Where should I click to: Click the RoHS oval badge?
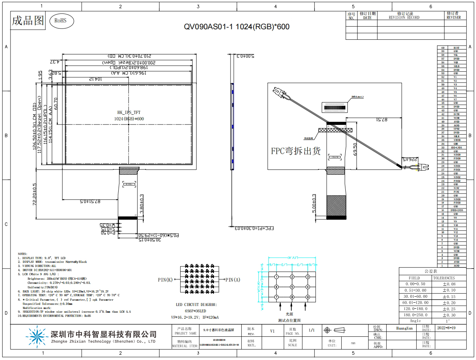[x=60, y=21]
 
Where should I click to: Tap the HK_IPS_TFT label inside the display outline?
[x=129, y=112]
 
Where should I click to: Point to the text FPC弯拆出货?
[x=296, y=151]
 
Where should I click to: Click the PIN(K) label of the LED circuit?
[x=165, y=280]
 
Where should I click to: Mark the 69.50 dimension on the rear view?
[x=355, y=149]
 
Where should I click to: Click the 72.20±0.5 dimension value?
[x=35, y=194]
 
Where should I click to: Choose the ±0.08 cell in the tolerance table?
[x=449, y=284]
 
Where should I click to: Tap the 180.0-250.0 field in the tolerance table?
[x=415, y=315]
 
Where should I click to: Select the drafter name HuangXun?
[x=404, y=328]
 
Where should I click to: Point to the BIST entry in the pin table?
[x=456, y=48]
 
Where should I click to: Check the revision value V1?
[x=273, y=331]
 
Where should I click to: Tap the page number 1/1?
[x=312, y=330]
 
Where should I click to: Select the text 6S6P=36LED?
[x=196, y=311]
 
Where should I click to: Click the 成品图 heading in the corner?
[x=28, y=21]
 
